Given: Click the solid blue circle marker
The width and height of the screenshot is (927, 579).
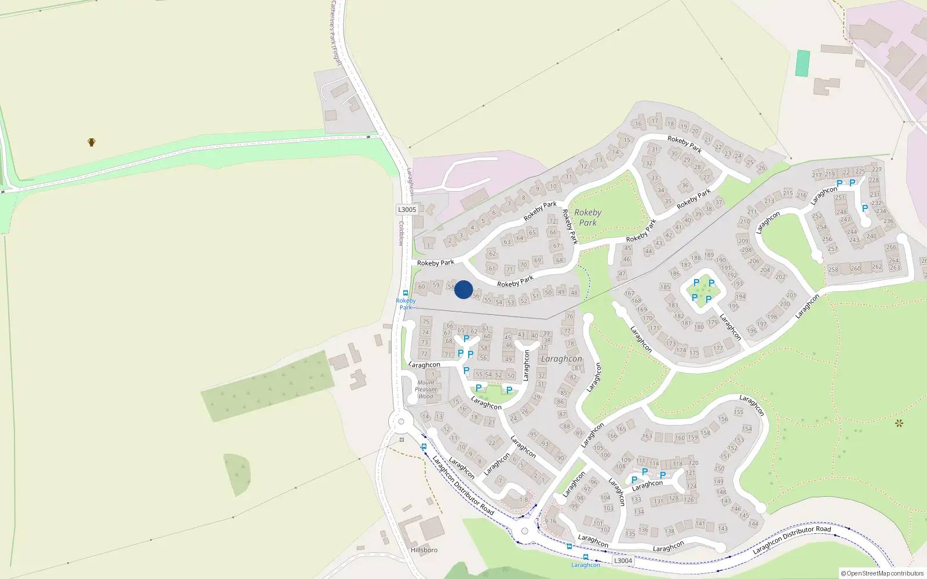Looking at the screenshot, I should coord(463,289).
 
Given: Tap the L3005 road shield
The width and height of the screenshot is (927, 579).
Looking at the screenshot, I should coord(407,210).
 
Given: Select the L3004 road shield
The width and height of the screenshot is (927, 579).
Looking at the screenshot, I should coord(623,560).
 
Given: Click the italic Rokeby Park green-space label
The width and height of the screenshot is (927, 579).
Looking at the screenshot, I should coord(587,217).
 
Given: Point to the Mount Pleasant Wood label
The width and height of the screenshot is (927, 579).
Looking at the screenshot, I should coord(426,389).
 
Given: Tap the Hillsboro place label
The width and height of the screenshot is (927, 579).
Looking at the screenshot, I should coord(424,549).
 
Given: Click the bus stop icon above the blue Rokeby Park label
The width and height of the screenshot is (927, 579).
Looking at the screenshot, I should coord(406,293).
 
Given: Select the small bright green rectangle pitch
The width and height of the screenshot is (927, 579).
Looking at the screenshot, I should coord(802,63).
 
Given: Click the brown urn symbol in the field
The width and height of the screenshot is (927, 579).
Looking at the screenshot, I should coord(92,142).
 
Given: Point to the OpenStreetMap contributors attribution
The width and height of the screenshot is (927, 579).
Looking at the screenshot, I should coord(882,573).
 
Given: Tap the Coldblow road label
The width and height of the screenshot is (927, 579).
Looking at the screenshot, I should coord(400,233).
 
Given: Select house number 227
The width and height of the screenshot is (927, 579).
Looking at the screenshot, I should coord(877,170).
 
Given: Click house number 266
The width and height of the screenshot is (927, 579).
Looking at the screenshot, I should coord(891,247).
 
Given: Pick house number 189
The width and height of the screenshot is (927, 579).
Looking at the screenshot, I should coord(709,255).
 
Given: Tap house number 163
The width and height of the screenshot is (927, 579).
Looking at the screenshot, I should coord(647,436).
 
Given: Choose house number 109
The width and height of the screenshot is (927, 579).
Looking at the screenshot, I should coord(626,460).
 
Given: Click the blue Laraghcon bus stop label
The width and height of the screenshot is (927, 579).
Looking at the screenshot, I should coord(585,565).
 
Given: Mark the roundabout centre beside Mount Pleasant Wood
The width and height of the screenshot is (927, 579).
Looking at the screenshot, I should coord(400,422).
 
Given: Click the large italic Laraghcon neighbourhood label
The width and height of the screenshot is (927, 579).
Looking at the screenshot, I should coord(561,359).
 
